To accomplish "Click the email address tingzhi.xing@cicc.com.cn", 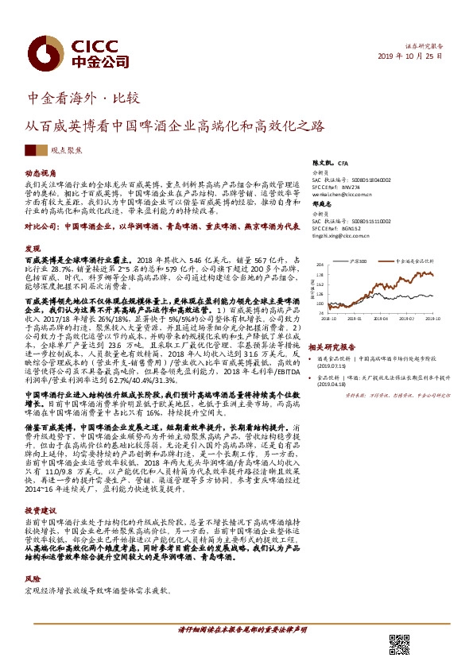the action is [x=343, y=234].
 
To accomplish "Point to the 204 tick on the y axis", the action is [x=320, y=264].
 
